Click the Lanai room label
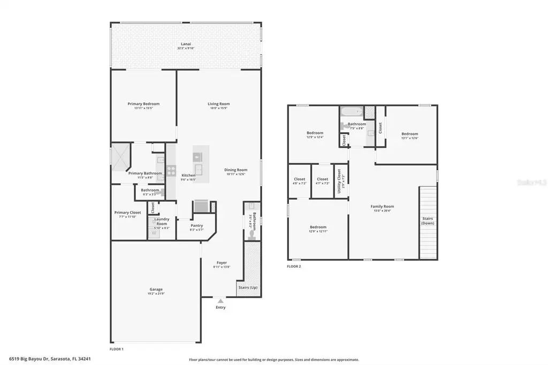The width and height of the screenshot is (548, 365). [x=186, y=44]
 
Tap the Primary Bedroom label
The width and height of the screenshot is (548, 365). [x=143, y=104]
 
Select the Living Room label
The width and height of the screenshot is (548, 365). [x=218, y=104]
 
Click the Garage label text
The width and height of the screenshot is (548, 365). [x=156, y=290]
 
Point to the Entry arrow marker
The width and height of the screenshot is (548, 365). [x=220, y=301]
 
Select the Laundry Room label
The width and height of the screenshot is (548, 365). [x=162, y=221]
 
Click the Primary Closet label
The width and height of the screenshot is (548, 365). [x=128, y=212]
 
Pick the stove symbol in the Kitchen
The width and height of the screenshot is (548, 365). [x=171, y=171]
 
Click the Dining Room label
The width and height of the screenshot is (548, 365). [x=235, y=170]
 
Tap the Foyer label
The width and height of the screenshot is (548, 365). [x=222, y=262]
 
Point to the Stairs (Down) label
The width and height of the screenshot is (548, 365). [x=428, y=220]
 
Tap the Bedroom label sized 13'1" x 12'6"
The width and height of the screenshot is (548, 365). [x=409, y=134]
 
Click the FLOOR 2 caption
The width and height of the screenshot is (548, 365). [x=294, y=266]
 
